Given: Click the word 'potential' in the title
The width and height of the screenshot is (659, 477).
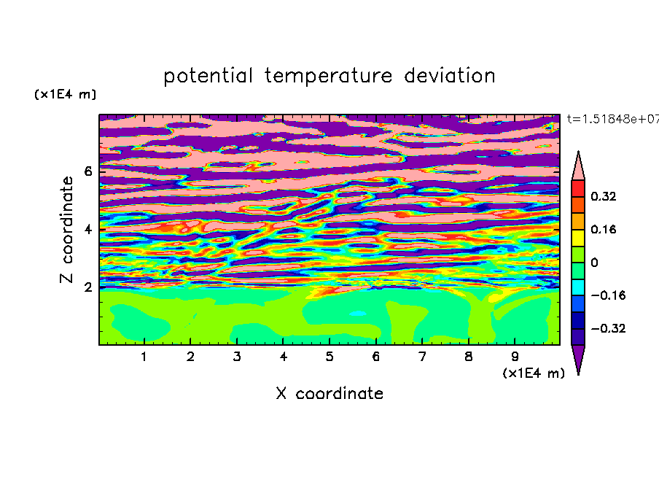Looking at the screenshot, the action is pyautogui.click(x=208, y=77).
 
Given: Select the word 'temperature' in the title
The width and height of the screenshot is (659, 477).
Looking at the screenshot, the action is pyautogui.click(x=328, y=77).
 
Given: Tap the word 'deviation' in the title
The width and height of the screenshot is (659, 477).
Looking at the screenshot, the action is pyautogui.click(x=450, y=76).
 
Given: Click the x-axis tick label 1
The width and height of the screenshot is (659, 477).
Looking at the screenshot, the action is pyautogui.click(x=144, y=357).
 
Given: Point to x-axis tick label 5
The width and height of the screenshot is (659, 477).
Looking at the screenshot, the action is pyautogui.click(x=329, y=357).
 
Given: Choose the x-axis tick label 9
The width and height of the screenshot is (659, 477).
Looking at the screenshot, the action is pyautogui.click(x=515, y=357).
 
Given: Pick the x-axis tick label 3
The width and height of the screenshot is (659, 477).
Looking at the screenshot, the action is pyautogui.click(x=237, y=357).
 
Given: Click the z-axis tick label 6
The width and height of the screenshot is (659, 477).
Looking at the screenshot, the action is pyautogui.click(x=87, y=171).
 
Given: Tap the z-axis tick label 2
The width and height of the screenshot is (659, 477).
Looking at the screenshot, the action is pyautogui.click(x=87, y=287).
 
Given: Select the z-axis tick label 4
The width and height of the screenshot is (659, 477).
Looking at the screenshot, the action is pyautogui.click(x=87, y=229).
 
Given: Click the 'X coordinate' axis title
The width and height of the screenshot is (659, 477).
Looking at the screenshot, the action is pyautogui.click(x=329, y=393).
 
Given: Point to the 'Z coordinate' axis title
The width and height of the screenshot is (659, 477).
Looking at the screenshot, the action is pyautogui.click(x=66, y=229).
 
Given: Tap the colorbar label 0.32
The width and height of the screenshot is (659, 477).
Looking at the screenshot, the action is pyautogui.click(x=603, y=196).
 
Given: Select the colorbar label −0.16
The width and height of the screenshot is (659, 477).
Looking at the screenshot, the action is pyautogui.click(x=608, y=295).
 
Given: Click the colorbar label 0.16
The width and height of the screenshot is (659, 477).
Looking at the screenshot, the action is pyautogui.click(x=603, y=229).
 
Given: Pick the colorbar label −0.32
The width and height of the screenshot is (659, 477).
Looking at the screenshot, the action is pyautogui.click(x=608, y=328).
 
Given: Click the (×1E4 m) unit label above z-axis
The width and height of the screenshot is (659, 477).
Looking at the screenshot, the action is pyautogui.click(x=65, y=94).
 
